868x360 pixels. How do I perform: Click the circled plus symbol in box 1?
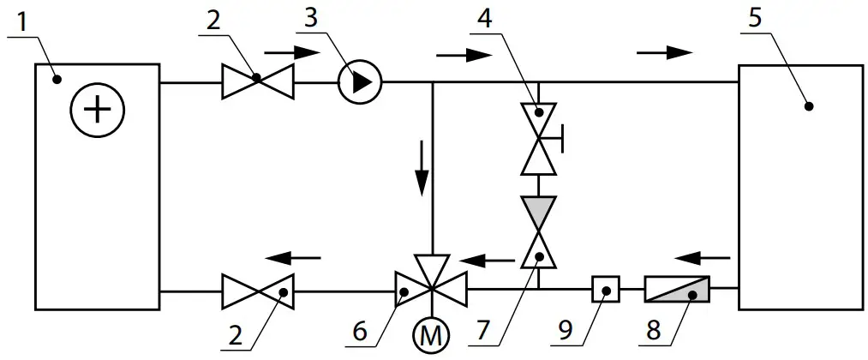(98, 111)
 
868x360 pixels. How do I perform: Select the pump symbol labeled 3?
(361, 82)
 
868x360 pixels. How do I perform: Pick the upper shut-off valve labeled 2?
(257, 82)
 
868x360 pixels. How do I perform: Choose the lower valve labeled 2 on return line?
(257, 291)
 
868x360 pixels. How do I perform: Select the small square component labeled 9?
(606, 291)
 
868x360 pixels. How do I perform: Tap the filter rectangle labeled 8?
(677, 291)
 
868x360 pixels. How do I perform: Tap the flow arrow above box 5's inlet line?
(665, 52)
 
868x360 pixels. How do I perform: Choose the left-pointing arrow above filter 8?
(702, 255)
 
